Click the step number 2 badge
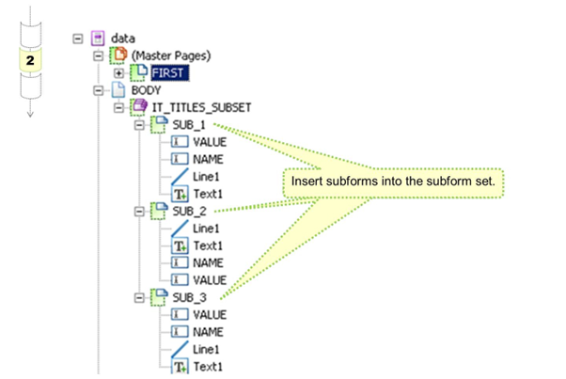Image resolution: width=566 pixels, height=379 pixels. tap(31, 58)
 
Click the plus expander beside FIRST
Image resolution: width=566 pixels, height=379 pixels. tap(118, 73)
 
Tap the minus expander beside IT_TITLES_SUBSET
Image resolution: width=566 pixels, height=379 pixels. tap(118, 108)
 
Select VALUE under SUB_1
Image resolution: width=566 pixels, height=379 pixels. tap(210, 142)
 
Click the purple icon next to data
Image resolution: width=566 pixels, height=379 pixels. tap(98, 39)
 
